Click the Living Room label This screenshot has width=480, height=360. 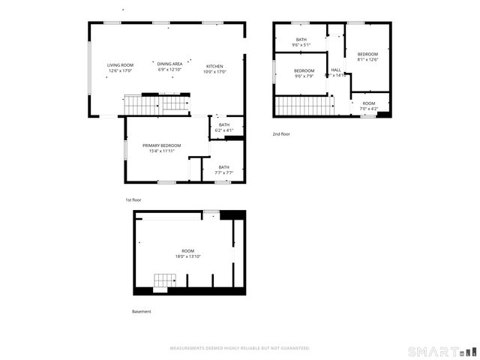pyautogui.click(x=119, y=67)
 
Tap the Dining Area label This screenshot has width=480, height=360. pyautogui.click(x=169, y=67)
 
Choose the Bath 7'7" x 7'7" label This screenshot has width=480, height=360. pyautogui.click(x=223, y=169)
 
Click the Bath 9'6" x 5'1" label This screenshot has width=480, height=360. pyautogui.click(x=301, y=43)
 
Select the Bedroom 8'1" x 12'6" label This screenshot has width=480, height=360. pyautogui.click(x=367, y=57)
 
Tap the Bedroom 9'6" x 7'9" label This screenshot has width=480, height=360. pyautogui.click(x=304, y=73)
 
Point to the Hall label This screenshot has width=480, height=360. pyautogui.click(x=335, y=72)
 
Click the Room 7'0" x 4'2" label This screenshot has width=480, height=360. pyautogui.click(x=368, y=106)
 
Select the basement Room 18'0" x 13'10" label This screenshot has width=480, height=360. pyautogui.click(x=187, y=253)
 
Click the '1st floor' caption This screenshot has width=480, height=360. pyautogui.click(x=133, y=200)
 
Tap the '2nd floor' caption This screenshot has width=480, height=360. pyautogui.click(x=281, y=134)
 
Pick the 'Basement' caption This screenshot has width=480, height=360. pyautogui.click(x=142, y=311)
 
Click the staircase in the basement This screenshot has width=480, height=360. pyautogui.click(x=165, y=281)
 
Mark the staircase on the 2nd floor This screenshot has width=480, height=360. pyautogui.click(x=304, y=106)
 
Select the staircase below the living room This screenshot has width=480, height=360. pyautogui.click(x=156, y=103)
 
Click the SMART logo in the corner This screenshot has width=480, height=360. pyautogui.click(x=442, y=351)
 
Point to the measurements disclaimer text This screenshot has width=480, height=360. pyautogui.click(x=240, y=348)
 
